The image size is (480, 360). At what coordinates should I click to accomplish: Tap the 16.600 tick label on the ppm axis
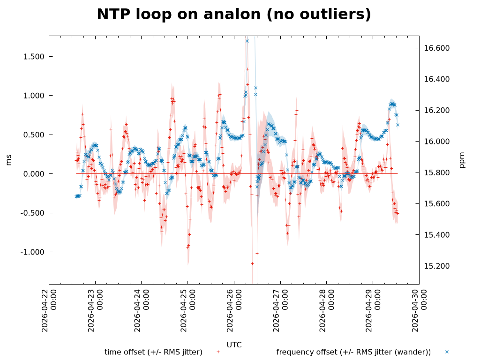pyautogui.click(x=437, y=48)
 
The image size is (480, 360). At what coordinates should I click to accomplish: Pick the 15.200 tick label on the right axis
pyautogui.click(x=437, y=266)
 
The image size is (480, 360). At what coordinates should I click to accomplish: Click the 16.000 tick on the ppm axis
pyautogui.click(x=437, y=142)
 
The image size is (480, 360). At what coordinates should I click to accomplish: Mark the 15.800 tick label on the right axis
pyautogui.click(x=437, y=172)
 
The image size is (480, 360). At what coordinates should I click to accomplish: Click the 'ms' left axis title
pyautogui.click(x=9, y=159)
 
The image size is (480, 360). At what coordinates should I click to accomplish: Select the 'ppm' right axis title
pyautogui.click(x=462, y=159)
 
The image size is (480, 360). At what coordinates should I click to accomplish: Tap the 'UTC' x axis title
pyautogui.click(x=234, y=345)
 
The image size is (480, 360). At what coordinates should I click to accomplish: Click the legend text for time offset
pyautogui.click(x=153, y=352)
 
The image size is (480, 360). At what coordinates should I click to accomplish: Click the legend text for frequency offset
pyautogui.click(x=353, y=352)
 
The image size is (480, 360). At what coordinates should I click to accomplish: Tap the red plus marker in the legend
pyautogui.click(x=218, y=352)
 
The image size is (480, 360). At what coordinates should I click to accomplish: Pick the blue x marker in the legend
pyautogui.click(x=447, y=352)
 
